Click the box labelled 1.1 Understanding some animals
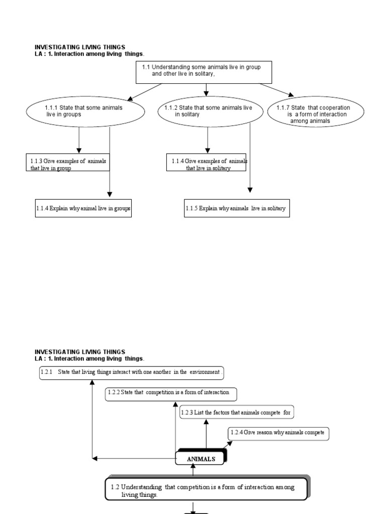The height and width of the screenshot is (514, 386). pos(204,73)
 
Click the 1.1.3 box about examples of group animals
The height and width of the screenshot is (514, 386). pos(68,163)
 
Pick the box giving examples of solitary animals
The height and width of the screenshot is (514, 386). pos(207,163)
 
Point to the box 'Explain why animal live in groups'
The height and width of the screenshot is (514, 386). pos(83,208)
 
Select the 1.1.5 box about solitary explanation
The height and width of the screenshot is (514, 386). pos(237,208)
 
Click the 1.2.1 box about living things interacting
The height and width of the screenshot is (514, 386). pos(131,373)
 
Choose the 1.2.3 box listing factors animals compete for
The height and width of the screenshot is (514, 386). pos(236,413)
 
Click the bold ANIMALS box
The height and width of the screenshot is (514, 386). pos(201,458)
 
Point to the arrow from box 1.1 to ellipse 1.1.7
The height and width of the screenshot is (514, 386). pos(276,90)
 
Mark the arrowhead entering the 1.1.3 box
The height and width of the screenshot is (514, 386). pos(79,150)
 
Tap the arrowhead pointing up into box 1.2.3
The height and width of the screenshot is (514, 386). pos(206,422)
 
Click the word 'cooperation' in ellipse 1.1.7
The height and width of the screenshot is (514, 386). pos(334,107)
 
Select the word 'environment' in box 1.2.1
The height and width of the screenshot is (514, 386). pos(204,372)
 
